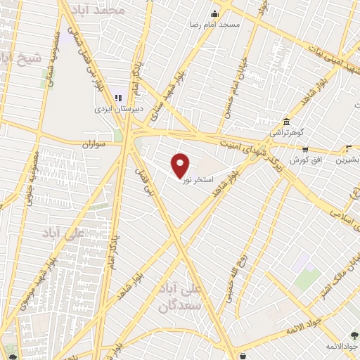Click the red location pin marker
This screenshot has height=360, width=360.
(181, 165)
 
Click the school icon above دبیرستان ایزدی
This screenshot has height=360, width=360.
(118, 98)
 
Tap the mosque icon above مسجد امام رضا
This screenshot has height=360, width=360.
(216, 13)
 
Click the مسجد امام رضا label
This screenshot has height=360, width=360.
(220, 25)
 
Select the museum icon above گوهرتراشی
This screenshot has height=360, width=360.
(285, 120)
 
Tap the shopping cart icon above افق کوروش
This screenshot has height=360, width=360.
(305, 149)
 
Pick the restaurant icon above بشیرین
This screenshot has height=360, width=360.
(349, 148)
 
